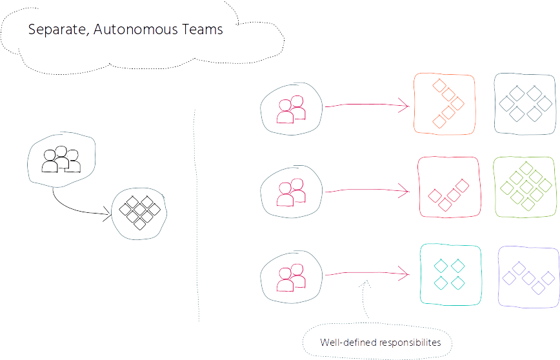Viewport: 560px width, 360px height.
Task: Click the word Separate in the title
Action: (59, 30)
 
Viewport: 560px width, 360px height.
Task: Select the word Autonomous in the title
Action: (135, 29)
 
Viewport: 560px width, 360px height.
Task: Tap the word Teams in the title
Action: (203, 29)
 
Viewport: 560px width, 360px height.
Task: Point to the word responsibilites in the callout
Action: (410, 343)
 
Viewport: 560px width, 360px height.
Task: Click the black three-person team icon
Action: (61, 159)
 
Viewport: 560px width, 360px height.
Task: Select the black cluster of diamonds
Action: (139, 213)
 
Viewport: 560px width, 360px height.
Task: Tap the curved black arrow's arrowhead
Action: (108, 214)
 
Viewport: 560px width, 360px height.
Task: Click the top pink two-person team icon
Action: (291, 109)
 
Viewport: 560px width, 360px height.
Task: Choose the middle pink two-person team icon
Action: (291, 192)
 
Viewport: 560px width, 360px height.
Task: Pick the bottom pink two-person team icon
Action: (291, 278)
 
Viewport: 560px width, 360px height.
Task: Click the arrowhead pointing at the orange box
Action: (405, 106)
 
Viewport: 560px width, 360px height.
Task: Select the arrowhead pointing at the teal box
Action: (405, 274)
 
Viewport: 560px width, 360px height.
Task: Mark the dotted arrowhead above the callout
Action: (365, 284)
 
